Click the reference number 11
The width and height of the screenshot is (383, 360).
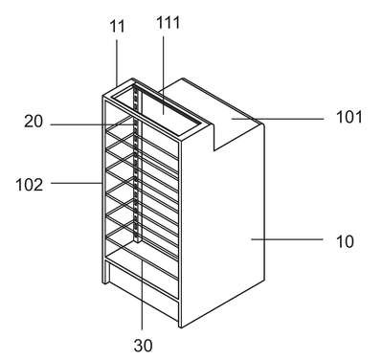tap(117, 26)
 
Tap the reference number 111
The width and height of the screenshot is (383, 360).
tap(168, 22)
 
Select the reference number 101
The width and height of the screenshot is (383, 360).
tap(349, 117)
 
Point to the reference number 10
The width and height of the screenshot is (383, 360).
tap(345, 241)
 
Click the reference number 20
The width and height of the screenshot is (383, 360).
tap(34, 122)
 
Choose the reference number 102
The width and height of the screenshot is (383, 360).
tap(30, 185)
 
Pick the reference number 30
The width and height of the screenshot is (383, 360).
tap(144, 346)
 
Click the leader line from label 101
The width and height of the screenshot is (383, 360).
tap(278, 119)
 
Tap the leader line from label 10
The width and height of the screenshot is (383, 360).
tap(287, 239)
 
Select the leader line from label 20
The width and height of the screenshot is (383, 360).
tap(91, 124)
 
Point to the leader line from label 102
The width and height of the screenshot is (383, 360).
tap(77, 183)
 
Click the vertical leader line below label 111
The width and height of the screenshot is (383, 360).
tap(164, 75)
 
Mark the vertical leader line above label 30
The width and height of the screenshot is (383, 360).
tap(142, 294)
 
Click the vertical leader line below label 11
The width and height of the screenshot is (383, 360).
tap(117, 62)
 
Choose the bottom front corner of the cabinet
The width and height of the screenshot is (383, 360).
tap(180, 327)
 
